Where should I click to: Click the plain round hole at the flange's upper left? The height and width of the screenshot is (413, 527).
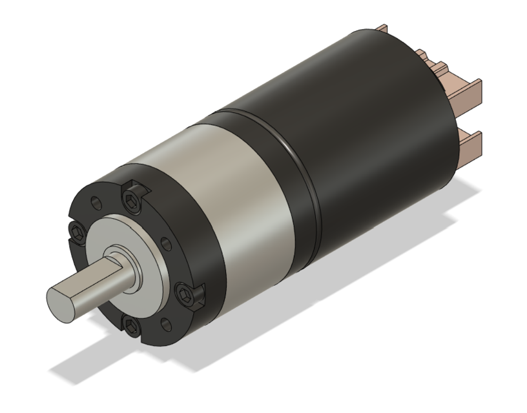pyautogui.click(x=96, y=202)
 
